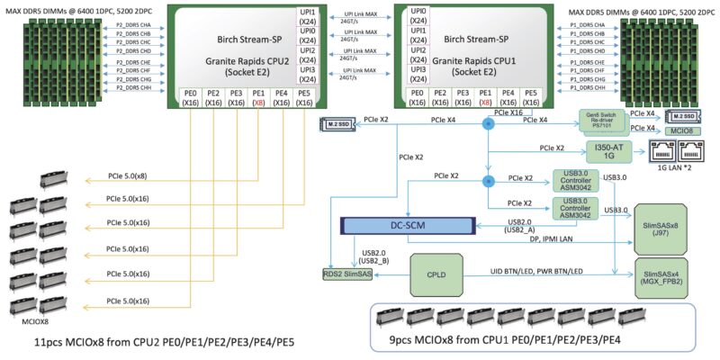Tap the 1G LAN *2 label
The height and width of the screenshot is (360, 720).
674,173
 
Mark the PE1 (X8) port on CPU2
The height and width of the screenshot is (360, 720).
258,97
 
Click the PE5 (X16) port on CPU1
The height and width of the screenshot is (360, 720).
532,97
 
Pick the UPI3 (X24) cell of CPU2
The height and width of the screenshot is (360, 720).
307,75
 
